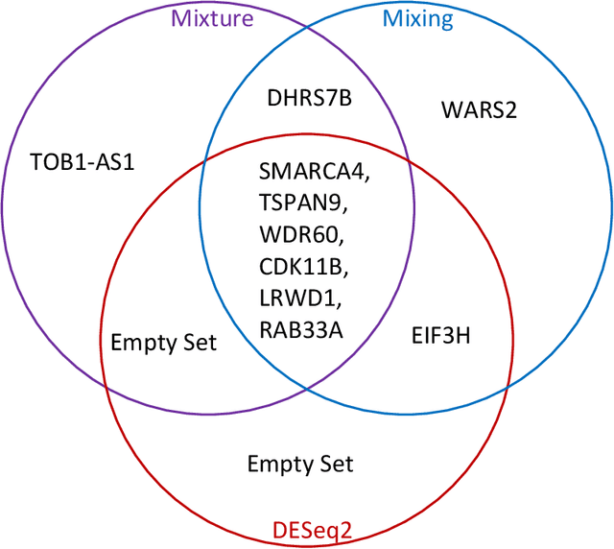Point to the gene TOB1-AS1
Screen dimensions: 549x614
pyautogui.click(x=83, y=161)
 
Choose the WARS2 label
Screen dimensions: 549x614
pyautogui.click(x=479, y=110)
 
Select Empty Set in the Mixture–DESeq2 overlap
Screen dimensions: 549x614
pyautogui.click(x=163, y=343)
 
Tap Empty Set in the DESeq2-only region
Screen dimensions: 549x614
pyautogui.click(x=300, y=465)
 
